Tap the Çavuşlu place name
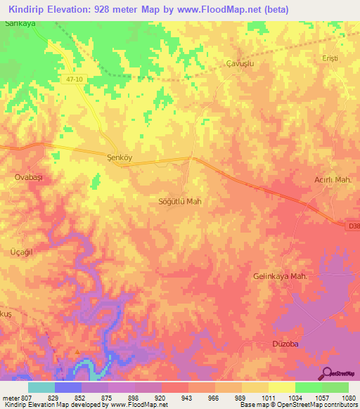tap(239, 63)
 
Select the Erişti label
tap(330, 58)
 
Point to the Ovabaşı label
tap(29, 178)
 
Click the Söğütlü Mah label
tap(181, 201)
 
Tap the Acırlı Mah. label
tap(331, 180)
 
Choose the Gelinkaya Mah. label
tap(280, 276)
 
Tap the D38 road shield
tap(353, 226)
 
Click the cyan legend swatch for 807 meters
tap(41, 387)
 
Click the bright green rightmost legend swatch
tap(335, 387)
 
